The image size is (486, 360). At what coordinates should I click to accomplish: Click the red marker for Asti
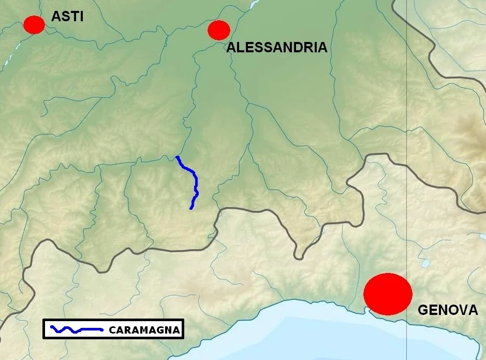34,24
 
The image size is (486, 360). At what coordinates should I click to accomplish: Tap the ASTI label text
67,17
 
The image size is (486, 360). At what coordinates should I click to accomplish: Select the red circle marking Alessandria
218,30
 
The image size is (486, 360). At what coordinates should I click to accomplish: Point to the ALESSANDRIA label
277,48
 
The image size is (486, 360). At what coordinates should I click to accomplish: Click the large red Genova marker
388,294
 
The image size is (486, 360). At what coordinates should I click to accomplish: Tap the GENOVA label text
448,310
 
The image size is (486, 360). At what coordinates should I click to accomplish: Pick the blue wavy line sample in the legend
77,329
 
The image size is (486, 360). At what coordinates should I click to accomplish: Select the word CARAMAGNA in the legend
144,330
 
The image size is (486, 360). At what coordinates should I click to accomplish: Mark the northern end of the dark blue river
178,156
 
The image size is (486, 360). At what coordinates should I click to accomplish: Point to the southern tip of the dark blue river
191,208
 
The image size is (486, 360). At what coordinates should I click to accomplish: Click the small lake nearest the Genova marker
425,264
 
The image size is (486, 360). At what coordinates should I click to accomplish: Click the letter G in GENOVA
423,310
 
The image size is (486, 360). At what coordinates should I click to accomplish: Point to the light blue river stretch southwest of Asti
9,60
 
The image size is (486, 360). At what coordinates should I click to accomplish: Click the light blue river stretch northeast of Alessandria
254,5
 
